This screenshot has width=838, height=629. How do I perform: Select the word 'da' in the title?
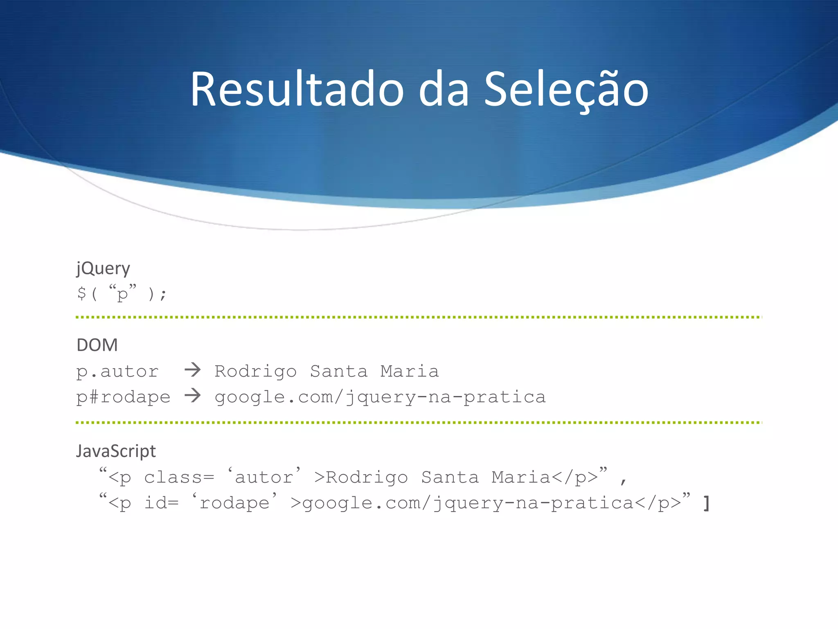tap(444, 90)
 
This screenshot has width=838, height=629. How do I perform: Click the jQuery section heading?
tap(103, 269)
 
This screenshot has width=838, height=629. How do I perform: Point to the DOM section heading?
tap(97, 345)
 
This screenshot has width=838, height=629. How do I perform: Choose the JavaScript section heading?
tap(116, 451)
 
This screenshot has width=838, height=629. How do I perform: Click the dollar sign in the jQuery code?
tap(81, 293)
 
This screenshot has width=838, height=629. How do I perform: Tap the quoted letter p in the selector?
tap(122, 293)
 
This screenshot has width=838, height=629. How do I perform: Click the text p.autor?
tap(117, 371)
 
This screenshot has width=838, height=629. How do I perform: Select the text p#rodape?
tap(123, 397)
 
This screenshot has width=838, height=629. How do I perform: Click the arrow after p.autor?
tap(192, 370)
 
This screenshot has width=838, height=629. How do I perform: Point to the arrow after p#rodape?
tap(192, 396)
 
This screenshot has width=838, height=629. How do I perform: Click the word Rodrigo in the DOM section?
tap(256, 371)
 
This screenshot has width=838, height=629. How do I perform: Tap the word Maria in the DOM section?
tap(410, 371)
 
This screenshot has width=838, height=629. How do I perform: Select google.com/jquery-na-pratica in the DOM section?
tap(380, 397)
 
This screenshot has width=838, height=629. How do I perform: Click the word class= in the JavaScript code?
tap(179, 477)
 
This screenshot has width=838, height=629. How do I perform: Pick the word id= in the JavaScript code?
tap(162, 503)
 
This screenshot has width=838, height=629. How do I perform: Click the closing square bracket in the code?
tap(706, 503)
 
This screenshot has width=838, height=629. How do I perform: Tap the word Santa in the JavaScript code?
tap(450, 477)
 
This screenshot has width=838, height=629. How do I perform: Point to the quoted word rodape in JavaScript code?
tap(234, 503)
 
